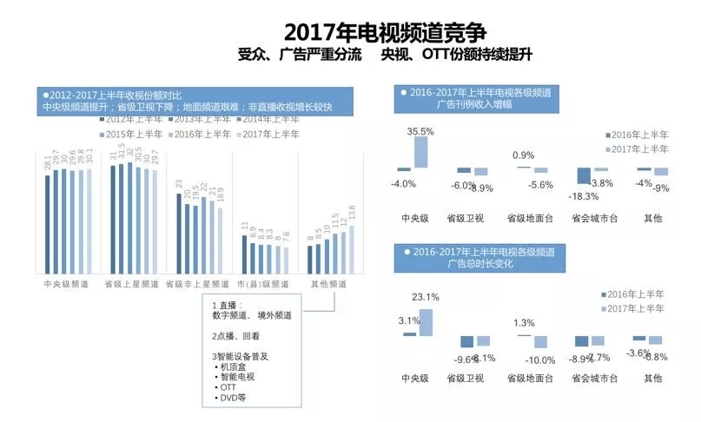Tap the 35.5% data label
(x=421, y=131)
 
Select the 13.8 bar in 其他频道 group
(x=351, y=250)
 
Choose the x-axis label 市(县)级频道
(x=264, y=284)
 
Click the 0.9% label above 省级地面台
(x=524, y=155)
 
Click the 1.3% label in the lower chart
(x=524, y=323)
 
